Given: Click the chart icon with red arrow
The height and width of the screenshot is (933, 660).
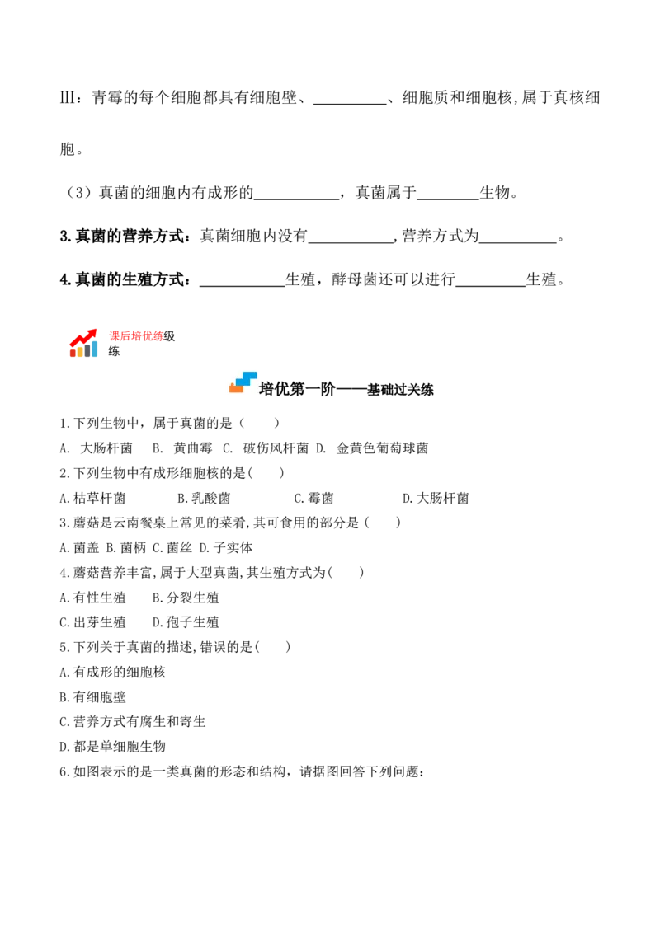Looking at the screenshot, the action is [83, 343].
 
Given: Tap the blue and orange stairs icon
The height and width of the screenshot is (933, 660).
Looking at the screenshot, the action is [243, 382].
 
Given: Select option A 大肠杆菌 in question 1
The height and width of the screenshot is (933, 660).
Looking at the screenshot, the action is [96, 448].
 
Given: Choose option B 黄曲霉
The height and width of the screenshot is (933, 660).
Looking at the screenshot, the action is [182, 448].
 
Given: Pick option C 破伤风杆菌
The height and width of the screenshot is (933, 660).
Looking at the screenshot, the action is [266, 448].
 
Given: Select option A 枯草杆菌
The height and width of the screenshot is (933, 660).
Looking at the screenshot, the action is [93, 498].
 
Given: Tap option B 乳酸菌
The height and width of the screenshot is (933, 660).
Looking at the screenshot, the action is [204, 498].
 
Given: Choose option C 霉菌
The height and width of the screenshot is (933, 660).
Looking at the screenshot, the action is [314, 498].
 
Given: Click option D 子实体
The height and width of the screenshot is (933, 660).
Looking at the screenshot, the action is [226, 547].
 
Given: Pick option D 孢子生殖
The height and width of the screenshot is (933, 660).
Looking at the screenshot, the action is [186, 622].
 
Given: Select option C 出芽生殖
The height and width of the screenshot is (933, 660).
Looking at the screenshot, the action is [93, 622].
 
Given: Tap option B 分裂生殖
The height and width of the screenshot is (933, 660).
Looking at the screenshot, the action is [186, 598].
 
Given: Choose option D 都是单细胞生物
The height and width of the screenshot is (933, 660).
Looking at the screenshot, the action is [112, 747].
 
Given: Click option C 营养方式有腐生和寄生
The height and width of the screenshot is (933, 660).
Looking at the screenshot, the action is [133, 722].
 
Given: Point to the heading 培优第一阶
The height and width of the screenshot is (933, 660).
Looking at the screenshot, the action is [297, 389].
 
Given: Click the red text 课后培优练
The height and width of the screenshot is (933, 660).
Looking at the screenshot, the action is [136, 336].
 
